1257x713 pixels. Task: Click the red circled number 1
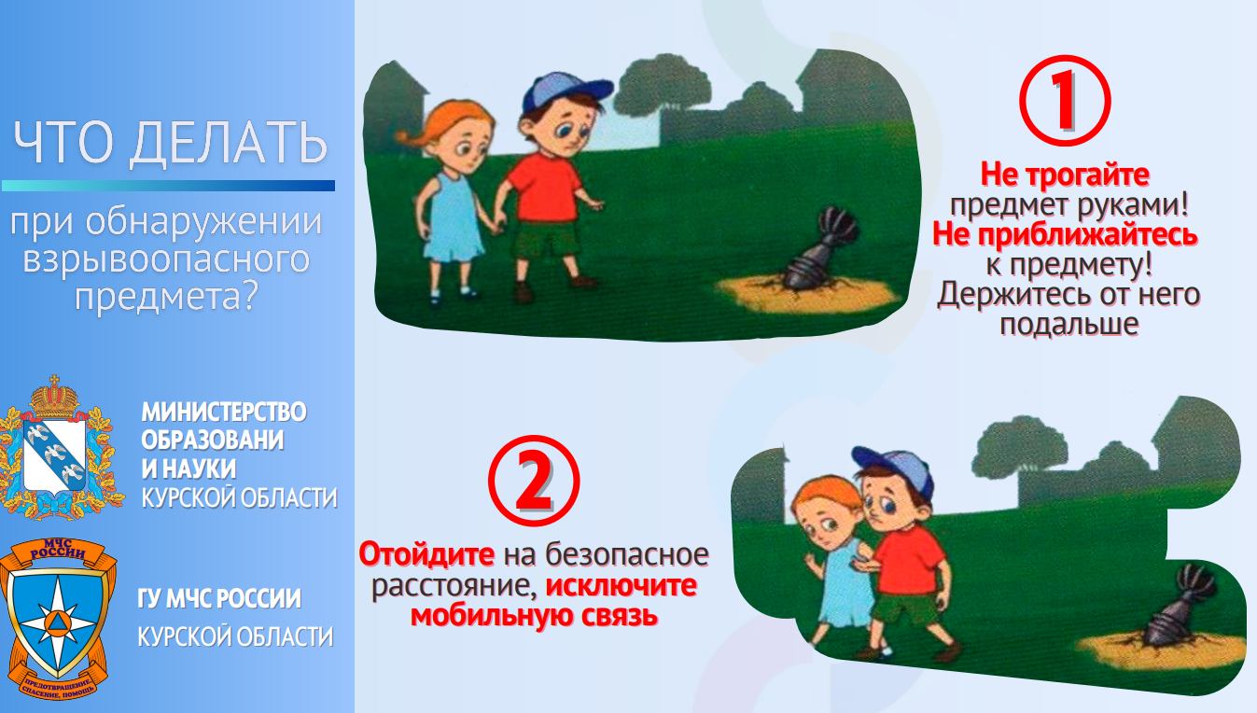click(1065, 101)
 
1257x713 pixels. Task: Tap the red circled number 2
click(534, 481)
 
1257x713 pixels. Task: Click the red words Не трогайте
click(1065, 174)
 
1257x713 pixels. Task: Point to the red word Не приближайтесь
click(1065, 234)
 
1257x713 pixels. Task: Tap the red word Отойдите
click(426, 554)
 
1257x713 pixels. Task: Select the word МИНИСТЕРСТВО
click(224, 412)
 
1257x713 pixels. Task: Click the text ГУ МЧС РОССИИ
click(219, 598)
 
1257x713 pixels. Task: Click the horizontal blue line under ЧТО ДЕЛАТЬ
click(168, 186)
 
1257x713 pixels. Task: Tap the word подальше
click(1069, 325)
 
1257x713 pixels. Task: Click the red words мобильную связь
click(534, 615)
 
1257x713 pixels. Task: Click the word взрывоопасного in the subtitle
click(166, 259)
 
